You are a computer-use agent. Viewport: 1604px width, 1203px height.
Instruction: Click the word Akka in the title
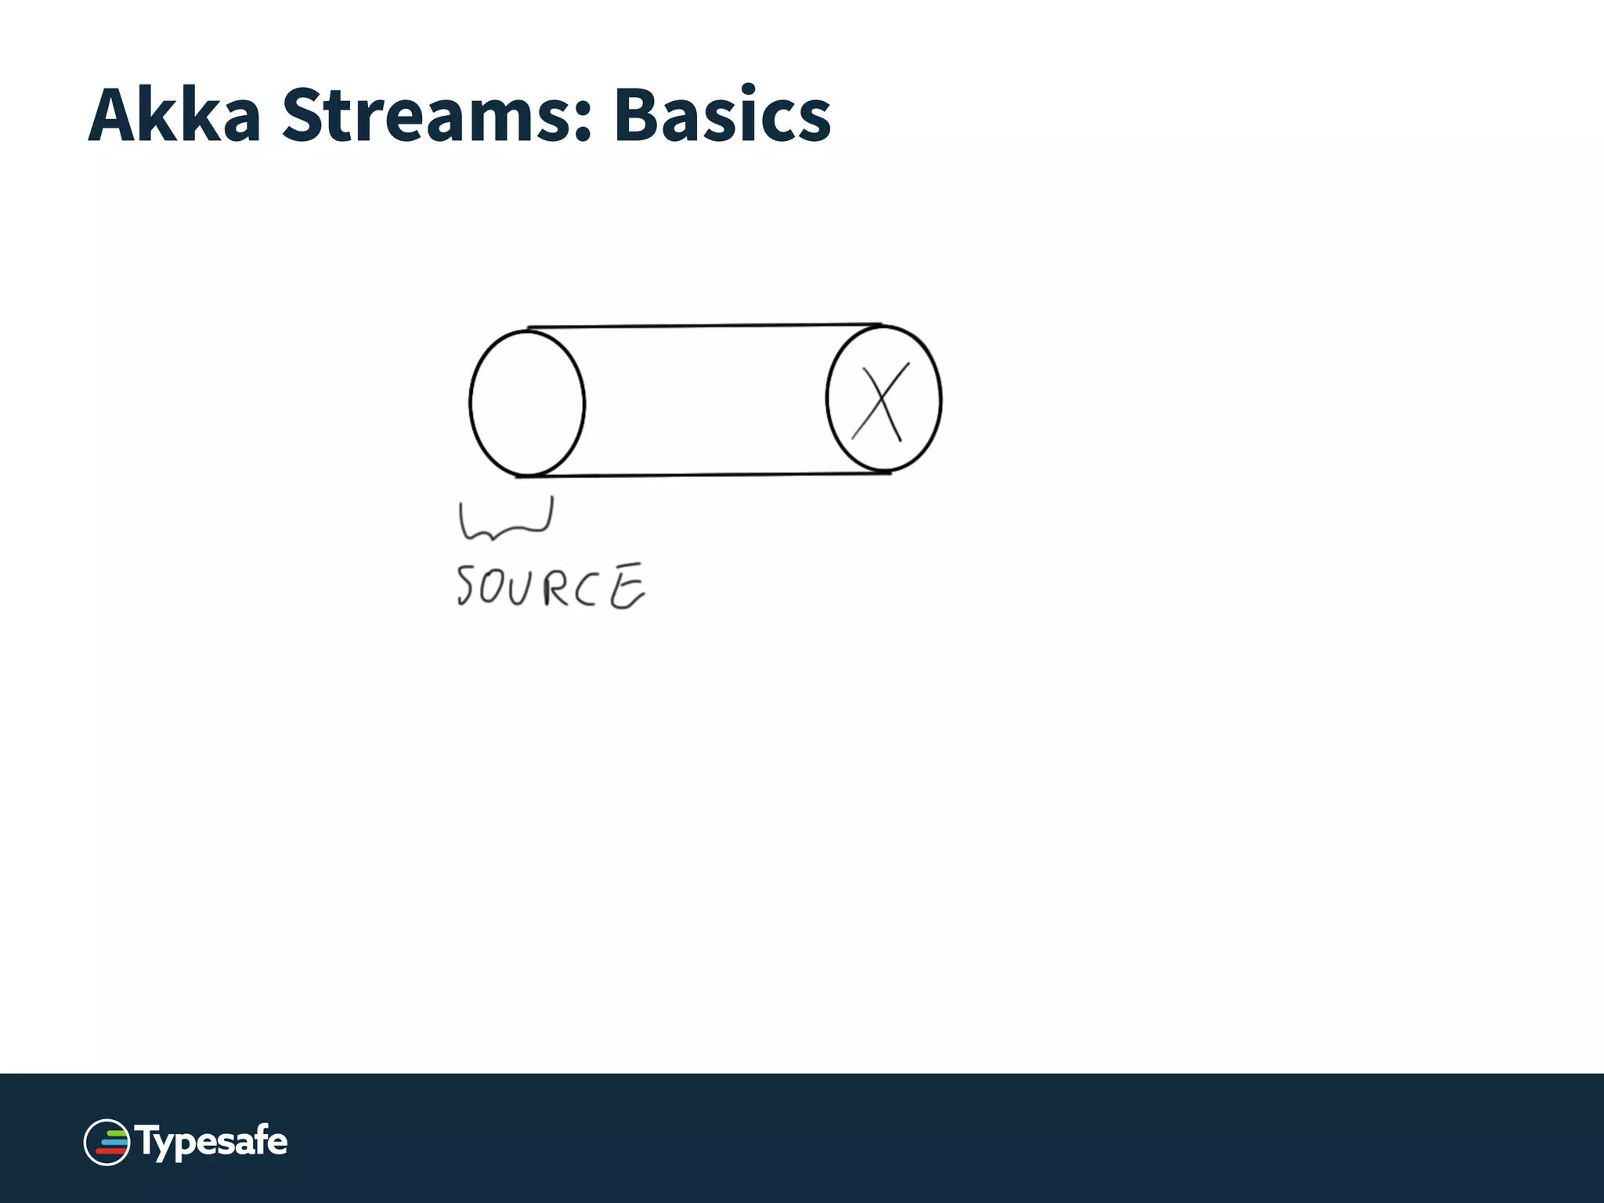(174, 115)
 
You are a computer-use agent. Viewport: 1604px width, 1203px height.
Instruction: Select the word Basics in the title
(721, 115)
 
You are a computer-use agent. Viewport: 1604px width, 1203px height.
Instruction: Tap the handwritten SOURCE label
(551, 586)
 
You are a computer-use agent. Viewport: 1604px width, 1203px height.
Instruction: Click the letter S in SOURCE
(464, 585)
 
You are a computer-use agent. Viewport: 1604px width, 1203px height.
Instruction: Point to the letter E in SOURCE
(627, 587)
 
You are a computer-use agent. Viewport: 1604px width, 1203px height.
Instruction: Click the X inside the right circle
(881, 401)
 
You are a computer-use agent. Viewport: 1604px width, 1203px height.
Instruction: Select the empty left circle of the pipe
(527, 403)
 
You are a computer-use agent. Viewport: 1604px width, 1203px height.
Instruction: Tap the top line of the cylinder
(705, 326)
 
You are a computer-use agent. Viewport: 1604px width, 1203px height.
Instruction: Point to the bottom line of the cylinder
(705, 475)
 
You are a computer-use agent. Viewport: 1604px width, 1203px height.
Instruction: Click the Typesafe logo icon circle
(107, 1142)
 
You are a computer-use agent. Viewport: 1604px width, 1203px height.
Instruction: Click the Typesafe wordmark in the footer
(211, 1142)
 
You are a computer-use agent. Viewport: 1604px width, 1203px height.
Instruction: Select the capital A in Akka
(114, 115)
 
